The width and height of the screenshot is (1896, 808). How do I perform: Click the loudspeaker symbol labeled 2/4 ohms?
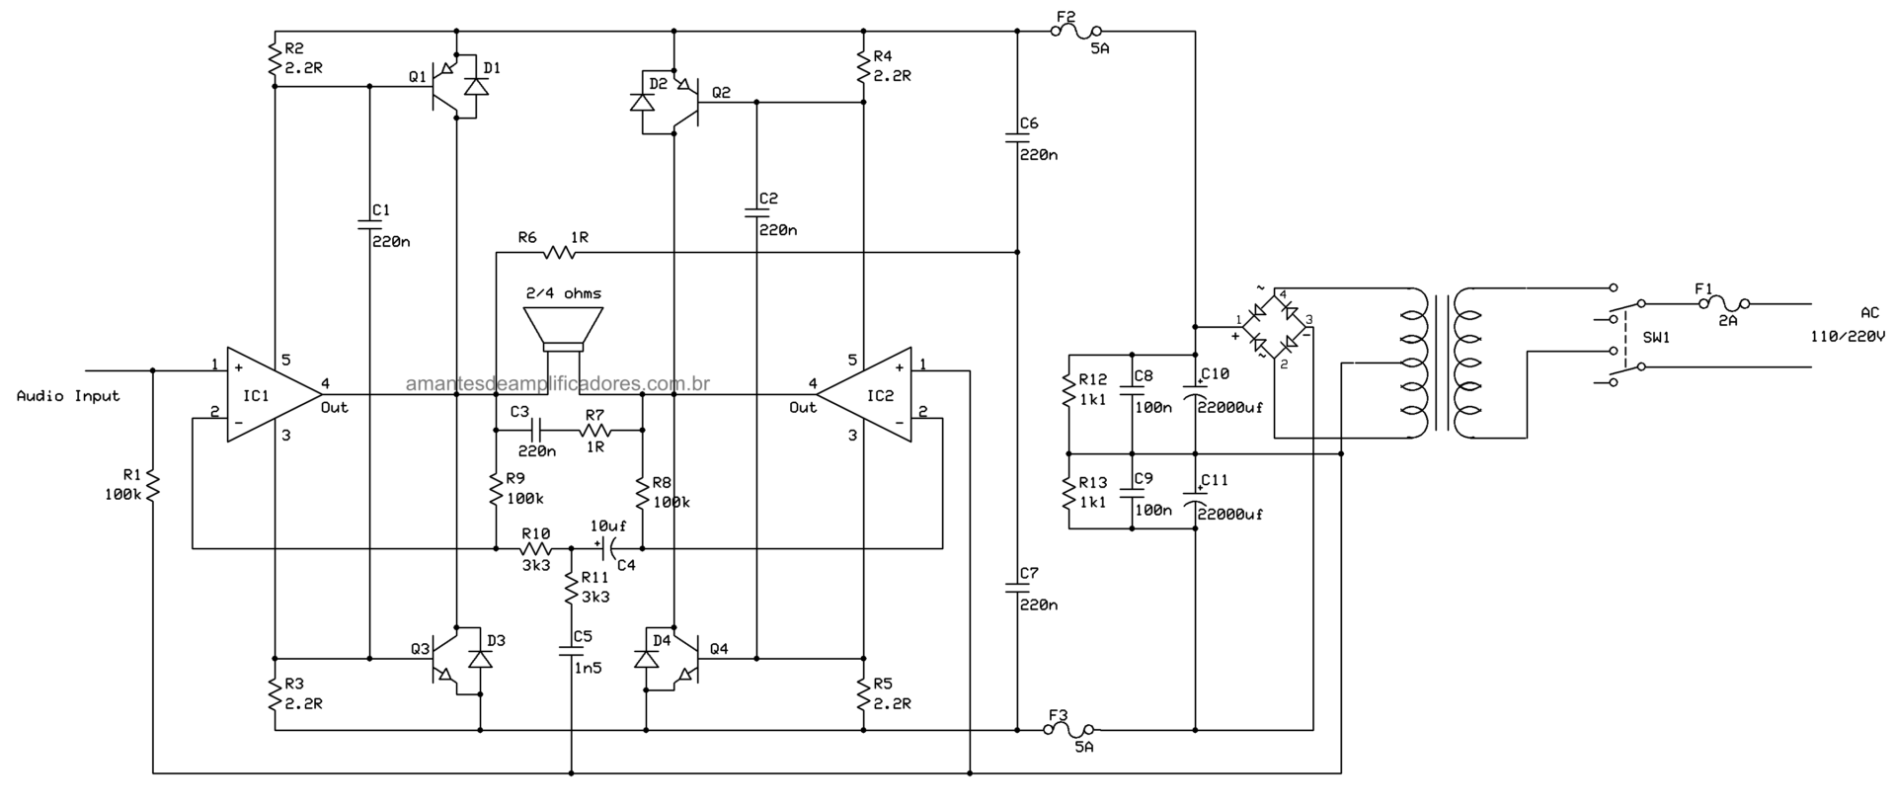click(563, 330)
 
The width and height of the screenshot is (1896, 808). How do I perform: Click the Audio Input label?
click(68, 396)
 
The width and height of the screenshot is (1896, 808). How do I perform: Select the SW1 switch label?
click(1656, 337)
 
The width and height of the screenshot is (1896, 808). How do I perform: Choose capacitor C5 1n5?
click(571, 651)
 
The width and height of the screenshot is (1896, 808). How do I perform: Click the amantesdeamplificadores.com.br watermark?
click(558, 383)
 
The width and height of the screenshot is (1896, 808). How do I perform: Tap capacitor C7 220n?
click(1017, 588)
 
